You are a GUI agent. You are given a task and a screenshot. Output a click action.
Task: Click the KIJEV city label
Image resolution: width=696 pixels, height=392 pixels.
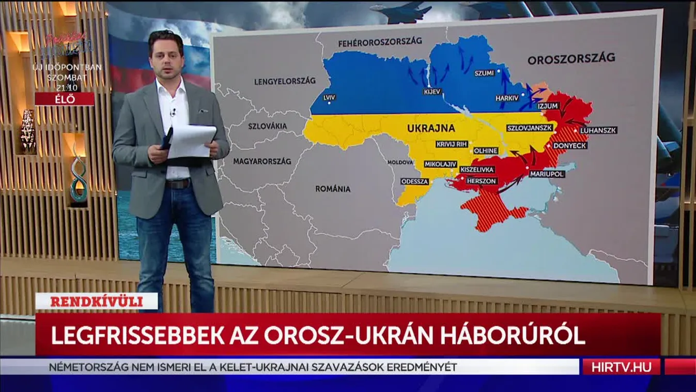pos(431,92)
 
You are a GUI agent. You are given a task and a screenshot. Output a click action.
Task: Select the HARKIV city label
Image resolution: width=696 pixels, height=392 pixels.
pos(506,98)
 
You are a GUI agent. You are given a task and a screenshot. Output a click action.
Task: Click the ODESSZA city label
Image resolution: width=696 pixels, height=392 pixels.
pos(415,182)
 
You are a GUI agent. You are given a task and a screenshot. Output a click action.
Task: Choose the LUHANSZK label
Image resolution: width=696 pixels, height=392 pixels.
pos(598,130)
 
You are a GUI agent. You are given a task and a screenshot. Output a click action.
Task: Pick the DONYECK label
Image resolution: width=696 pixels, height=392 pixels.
pos(570,146)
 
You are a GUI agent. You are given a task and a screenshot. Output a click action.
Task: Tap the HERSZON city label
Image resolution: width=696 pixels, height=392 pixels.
pos(482,181)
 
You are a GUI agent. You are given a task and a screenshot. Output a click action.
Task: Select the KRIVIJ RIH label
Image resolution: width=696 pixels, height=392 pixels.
pos(452,144)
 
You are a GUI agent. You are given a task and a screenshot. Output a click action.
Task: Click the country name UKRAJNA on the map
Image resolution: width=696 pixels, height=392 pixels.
pos(431,128)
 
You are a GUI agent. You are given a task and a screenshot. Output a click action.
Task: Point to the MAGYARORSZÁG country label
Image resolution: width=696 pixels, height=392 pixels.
pos(262,161)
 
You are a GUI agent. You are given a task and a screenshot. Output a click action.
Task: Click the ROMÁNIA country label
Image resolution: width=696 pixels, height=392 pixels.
pos(333,189)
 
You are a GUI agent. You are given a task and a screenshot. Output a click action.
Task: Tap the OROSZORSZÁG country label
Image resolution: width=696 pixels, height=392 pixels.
pos(571,58)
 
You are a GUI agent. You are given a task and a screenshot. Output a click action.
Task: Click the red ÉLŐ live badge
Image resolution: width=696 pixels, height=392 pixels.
pos(65,99)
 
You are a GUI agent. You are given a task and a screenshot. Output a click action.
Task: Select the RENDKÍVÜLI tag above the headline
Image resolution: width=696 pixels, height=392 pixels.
pos(97,301)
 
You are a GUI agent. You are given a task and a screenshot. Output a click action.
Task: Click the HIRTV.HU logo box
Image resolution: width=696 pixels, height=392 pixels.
pos(621,367)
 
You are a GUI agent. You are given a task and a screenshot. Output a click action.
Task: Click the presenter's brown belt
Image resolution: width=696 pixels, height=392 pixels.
pos(178,184)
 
